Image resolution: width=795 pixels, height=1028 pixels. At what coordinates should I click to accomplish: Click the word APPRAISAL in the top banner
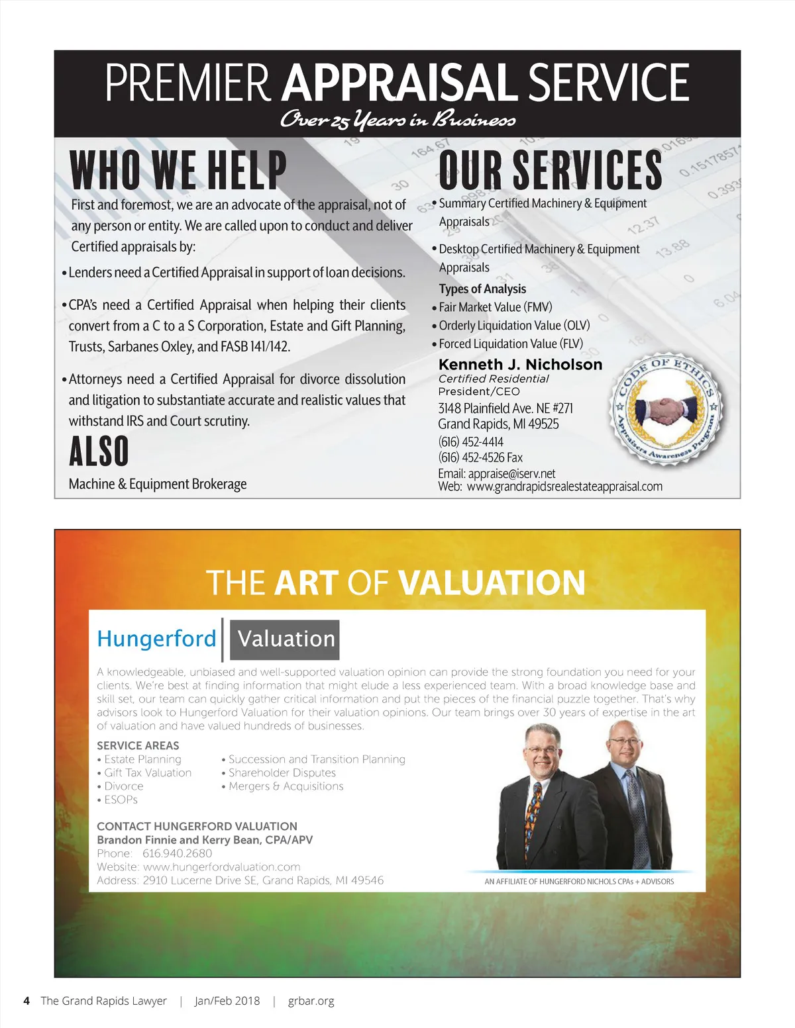click(399, 83)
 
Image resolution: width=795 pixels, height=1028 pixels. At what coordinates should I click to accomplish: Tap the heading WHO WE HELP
click(178, 170)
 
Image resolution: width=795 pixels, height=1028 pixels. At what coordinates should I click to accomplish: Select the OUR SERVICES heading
click(550, 170)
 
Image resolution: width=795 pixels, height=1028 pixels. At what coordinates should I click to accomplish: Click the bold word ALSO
click(99, 452)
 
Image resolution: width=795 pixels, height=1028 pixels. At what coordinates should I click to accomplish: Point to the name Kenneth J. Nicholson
click(520, 365)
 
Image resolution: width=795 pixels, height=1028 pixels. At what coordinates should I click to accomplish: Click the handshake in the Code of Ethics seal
click(666, 411)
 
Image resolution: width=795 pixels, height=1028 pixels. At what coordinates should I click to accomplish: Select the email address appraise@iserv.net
click(511, 474)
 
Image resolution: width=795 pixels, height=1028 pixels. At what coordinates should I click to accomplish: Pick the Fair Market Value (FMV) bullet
click(495, 307)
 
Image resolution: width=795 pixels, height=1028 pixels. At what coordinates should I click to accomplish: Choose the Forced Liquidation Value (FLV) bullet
click(510, 344)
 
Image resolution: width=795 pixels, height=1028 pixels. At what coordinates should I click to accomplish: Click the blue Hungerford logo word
click(156, 639)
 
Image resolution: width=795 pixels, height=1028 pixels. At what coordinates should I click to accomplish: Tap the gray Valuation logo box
click(286, 639)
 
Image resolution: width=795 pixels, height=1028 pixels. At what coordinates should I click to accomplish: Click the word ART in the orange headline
click(306, 583)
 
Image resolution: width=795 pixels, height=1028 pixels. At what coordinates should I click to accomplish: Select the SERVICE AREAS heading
click(138, 745)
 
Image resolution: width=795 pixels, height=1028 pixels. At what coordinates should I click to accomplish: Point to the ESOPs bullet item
click(121, 800)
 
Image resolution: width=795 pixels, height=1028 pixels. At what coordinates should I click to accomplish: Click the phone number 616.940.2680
click(177, 853)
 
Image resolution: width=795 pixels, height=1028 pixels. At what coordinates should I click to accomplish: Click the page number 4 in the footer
click(26, 1001)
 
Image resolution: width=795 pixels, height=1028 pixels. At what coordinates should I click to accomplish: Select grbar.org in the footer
click(311, 1001)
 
